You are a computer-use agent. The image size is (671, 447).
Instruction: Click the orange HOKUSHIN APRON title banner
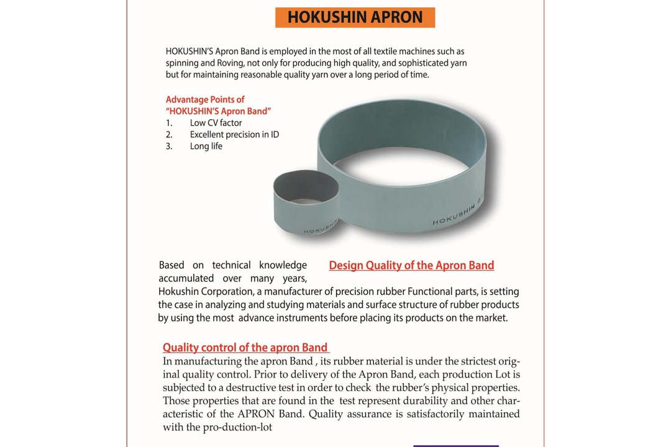(x=355, y=17)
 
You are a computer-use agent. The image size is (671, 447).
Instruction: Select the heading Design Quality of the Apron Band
(x=411, y=266)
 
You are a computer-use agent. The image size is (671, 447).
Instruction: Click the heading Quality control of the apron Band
(x=245, y=348)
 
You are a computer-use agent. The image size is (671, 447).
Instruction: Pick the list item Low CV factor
(x=216, y=123)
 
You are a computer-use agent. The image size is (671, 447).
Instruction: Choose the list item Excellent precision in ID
(x=234, y=135)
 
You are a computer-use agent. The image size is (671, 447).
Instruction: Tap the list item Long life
(x=206, y=147)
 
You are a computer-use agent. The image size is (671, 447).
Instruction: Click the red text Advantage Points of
(x=205, y=99)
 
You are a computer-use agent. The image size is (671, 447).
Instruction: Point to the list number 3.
(x=168, y=147)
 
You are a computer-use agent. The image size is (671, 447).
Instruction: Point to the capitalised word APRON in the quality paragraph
(x=253, y=414)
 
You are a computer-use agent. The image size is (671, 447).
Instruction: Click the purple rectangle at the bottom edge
(x=455, y=445)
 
